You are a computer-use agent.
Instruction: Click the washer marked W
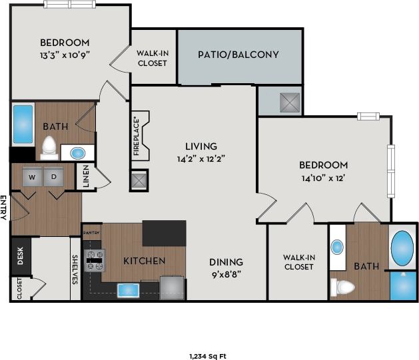32,176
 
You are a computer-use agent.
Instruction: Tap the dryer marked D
54,176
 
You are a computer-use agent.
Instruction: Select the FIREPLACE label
137,135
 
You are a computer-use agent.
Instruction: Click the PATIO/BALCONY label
238,55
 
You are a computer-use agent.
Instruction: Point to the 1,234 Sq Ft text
208,356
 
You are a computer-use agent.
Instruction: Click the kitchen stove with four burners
93,260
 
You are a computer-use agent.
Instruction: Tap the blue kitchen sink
128,290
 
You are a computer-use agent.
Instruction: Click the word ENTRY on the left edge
4,207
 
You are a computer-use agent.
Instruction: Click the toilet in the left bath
49,147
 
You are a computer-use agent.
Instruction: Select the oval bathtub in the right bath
402,248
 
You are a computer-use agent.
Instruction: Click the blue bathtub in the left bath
23,124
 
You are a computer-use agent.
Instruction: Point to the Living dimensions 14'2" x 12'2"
201,159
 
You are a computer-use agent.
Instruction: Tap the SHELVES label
75,269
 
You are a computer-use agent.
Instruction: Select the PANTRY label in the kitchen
91,232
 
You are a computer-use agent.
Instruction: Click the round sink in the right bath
337,247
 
